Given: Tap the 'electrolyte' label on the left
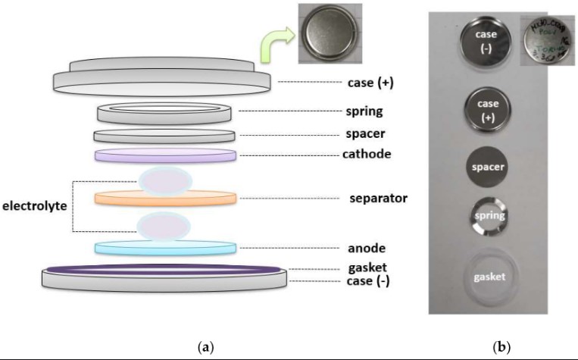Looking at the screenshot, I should point(33,205).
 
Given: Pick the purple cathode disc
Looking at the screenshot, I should point(166,155).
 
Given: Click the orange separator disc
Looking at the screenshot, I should point(166,199).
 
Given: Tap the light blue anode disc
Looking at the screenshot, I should point(166,247).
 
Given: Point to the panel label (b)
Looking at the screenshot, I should point(501,347).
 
